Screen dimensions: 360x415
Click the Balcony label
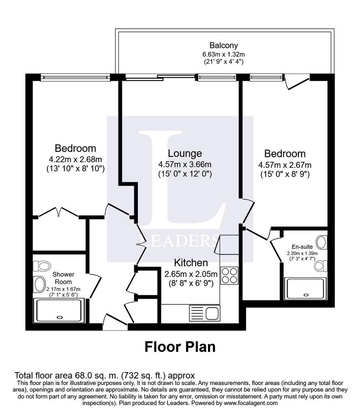(223, 45)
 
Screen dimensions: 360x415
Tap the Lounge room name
(185, 153)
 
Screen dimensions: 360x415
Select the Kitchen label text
(191, 263)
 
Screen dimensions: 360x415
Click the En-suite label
(302, 247)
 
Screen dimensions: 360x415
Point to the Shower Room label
(63, 278)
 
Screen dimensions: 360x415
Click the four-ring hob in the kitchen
(229, 276)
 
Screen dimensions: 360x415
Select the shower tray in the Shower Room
(59, 310)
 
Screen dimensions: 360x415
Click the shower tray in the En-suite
(305, 289)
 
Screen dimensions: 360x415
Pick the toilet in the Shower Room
(42, 266)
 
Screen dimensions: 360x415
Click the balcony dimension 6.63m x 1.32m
(223, 55)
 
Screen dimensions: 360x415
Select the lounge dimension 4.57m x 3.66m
(185, 165)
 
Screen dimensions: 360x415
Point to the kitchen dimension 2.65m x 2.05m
(191, 274)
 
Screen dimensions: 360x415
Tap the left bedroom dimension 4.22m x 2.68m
(75, 160)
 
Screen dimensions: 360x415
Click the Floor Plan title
(180, 347)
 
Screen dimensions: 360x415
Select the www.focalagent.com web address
(251, 403)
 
